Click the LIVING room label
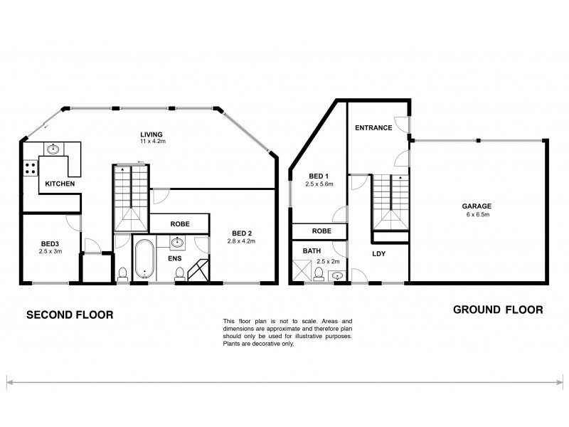pos(152,134)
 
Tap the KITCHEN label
pos(60,184)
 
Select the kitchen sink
pos(53,149)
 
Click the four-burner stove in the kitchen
pos(31,169)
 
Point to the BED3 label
pos(49,243)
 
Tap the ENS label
pos(174,258)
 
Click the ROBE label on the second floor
pos(179,223)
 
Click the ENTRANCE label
pos(373,128)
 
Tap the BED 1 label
pos(318,176)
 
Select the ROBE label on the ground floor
pos(321,231)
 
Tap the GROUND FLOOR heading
pos(498,310)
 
